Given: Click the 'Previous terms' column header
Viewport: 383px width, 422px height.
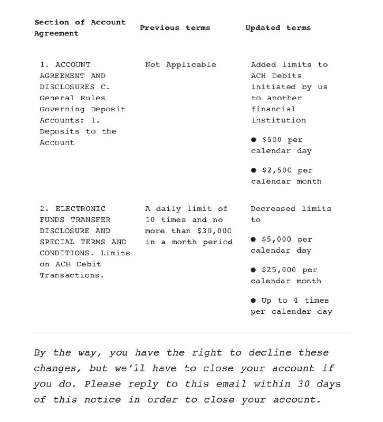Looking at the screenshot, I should [175, 28].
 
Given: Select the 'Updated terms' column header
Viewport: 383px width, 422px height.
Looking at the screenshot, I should [278, 28].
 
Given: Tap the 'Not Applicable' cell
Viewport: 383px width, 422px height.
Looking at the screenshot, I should [180, 65].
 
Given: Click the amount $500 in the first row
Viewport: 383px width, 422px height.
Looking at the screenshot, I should [272, 140].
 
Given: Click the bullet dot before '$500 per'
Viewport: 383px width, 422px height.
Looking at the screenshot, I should [253, 140].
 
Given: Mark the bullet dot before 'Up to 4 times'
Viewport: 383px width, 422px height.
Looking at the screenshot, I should [253, 301].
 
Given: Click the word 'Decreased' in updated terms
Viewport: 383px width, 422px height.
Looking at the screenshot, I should [273, 209].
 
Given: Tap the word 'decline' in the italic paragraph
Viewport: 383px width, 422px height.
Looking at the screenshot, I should [270, 352].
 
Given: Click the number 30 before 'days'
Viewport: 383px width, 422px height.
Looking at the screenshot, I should [303, 383].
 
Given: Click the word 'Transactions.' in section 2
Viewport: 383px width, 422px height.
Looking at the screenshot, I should [72, 275].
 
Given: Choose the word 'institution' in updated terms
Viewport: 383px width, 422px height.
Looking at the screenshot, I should [278, 120].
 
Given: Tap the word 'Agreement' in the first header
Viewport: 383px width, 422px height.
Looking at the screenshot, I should [56, 34].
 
